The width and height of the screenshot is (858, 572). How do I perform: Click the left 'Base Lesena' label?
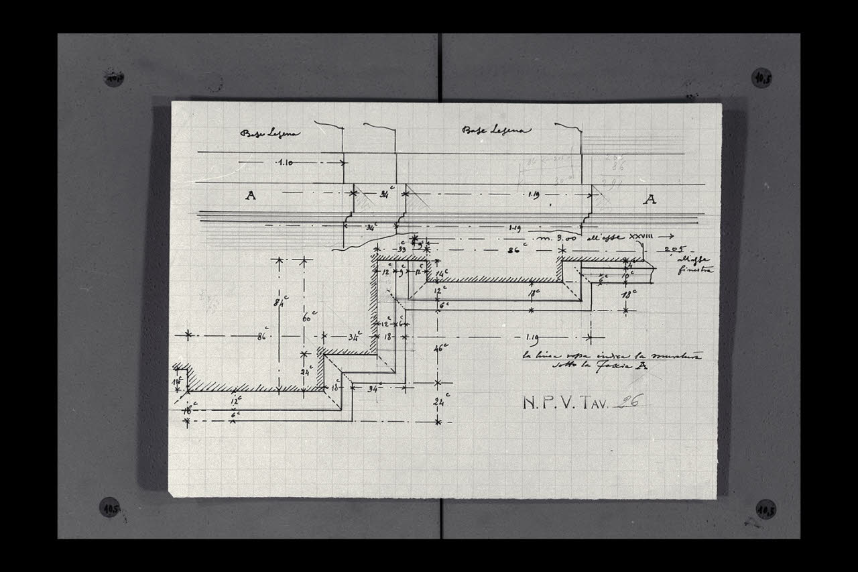click(270, 133)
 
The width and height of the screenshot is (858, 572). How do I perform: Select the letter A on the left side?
click(251, 196)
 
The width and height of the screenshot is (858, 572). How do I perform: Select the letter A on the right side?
click(650, 198)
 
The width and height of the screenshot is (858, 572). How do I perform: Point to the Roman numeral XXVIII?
click(658, 237)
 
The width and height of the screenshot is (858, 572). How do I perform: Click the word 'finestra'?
click(696, 270)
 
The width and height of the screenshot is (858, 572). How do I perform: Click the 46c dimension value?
click(440, 348)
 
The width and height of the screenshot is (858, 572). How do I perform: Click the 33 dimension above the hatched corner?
click(402, 248)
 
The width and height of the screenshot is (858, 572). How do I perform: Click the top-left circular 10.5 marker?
click(113, 78)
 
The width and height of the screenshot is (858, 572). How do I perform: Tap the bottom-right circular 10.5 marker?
click(765, 509)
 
